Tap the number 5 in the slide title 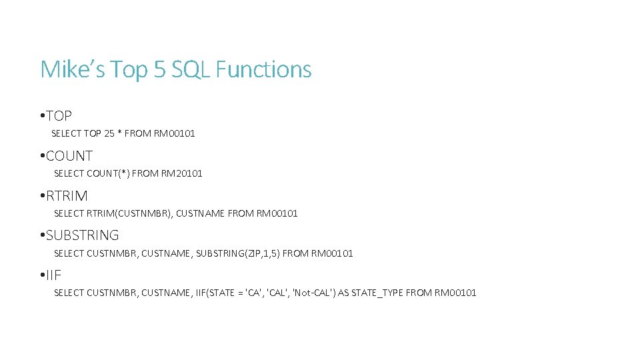pyautogui.click(x=159, y=69)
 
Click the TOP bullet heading pyautogui.click(x=59, y=116)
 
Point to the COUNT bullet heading pyautogui.click(x=69, y=156)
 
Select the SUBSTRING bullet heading pyautogui.click(x=82, y=235)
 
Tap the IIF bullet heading pyautogui.click(x=53, y=275)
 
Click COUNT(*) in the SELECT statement pyautogui.click(x=108, y=173)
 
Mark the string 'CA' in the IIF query pyautogui.click(x=253, y=293)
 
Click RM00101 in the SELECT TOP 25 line pyautogui.click(x=174, y=133)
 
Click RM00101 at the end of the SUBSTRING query pyautogui.click(x=332, y=253)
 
